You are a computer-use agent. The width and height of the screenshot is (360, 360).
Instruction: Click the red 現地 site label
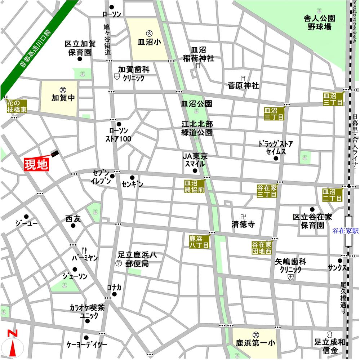click(36, 165)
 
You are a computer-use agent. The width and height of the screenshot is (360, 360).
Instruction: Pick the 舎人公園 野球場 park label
click(319, 22)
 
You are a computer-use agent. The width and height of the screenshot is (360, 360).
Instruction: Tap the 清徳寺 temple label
click(243, 224)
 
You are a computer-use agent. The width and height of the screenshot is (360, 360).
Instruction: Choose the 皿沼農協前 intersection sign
click(195, 186)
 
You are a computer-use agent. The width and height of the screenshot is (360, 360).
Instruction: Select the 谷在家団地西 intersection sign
click(262, 248)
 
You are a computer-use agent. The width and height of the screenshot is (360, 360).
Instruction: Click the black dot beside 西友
click(73, 226)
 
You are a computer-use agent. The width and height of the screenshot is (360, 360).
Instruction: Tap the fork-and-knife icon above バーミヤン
click(85, 249)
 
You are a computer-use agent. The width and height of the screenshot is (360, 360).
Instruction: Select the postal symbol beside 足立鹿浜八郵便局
click(119, 264)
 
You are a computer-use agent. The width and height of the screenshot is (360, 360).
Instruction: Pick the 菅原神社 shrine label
click(243, 85)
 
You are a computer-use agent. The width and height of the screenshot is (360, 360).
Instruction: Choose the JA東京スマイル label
click(194, 160)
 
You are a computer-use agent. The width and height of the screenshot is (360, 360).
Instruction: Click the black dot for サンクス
click(339, 261)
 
